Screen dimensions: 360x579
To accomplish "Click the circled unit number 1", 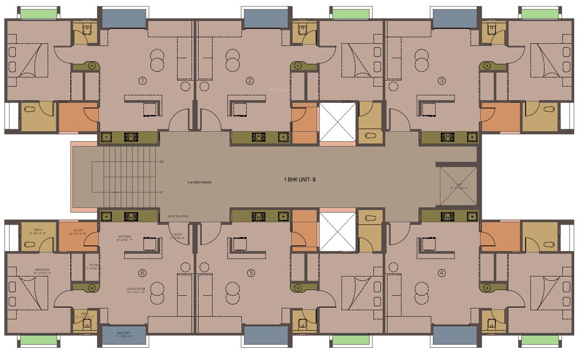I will [x=143, y=81].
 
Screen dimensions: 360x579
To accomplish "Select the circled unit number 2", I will [x=250, y=81].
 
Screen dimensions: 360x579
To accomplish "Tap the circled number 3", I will [x=442, y=81].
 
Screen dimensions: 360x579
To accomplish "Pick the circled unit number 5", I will [x=251, y=272].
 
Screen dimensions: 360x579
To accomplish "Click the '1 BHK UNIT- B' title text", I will [x=300, y=180].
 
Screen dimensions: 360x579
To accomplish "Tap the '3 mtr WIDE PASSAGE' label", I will [x=199, y=182].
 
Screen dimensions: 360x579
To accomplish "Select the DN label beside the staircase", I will [x=161, y=162].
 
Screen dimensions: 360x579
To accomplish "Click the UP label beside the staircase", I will [x=161, y=192].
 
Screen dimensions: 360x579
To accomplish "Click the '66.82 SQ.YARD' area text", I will [x=178, y=217].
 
